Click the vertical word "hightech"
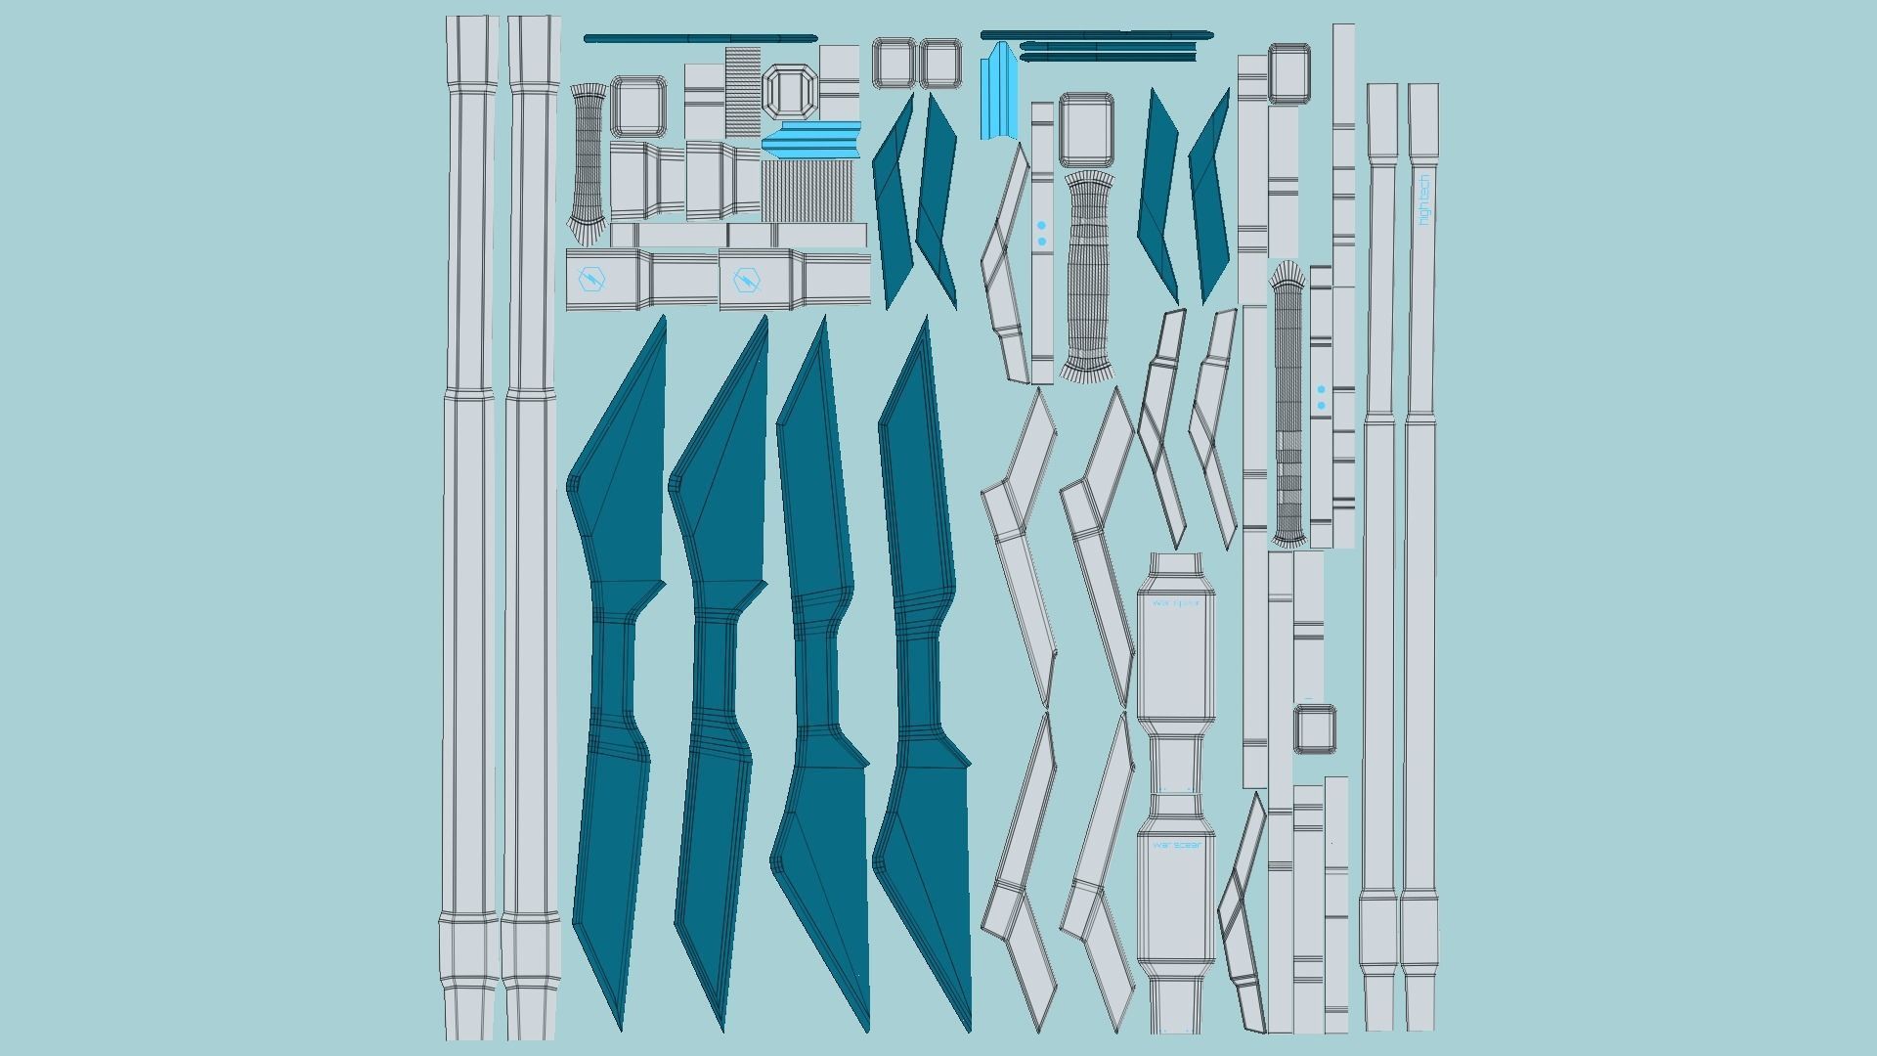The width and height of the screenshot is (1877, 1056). click(x=1423, y=199)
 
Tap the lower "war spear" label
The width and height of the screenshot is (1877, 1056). click(x=1176, y=845)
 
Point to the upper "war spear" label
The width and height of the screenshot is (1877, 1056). click(x=1176, y=602)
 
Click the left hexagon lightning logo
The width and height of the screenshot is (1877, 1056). click(x=592, y=280)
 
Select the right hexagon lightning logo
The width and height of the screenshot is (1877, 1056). click(x=746, y=281)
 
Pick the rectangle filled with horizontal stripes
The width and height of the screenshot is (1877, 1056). click(x=743, y=91)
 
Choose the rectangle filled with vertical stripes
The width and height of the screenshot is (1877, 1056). click(x=808, y=191)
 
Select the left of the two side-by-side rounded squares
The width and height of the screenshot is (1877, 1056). click(x=893, y=64)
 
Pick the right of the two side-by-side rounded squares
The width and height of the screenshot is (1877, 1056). click(x=939, y=64)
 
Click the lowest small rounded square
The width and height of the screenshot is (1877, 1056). click(x=1315, y=729)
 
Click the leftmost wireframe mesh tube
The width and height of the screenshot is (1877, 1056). click(x=588, y=162)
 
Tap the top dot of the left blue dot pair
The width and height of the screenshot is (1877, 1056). click(x=1042, y=226)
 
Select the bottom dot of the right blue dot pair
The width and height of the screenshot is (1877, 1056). click(x=1322, y=405)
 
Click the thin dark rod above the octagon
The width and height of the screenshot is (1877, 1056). click(x=700, y=38)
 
